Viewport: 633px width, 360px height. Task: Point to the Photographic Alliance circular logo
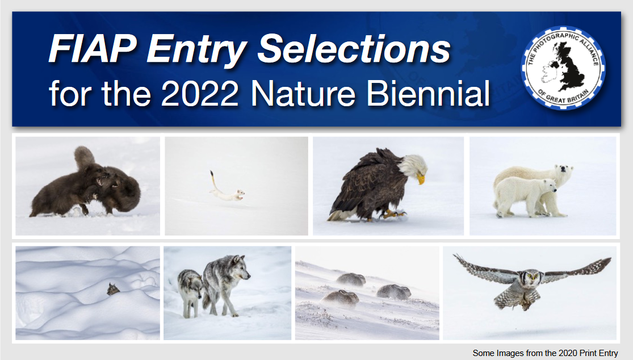(x=563, y=67)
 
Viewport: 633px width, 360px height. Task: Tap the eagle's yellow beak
(x=420, y=178)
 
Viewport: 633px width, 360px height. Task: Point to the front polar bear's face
(x=548, y=186)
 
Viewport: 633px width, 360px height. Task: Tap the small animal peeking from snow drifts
(x=114, y=290)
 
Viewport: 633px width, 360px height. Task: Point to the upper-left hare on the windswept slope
(x=351, y=279)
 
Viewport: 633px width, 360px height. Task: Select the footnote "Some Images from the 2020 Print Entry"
(x=545, y=353)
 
